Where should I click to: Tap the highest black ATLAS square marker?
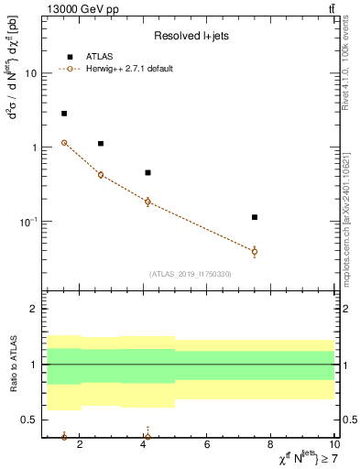(64, 114)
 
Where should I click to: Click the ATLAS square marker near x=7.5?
(255, 217)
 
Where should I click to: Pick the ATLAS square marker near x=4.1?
(147, 172)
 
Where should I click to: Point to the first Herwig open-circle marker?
(64, 142)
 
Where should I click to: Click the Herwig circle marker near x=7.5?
(255, 251)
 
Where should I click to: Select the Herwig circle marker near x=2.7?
(101, 175)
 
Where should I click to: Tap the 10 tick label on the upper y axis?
(31, 73)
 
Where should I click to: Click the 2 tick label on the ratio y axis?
(35, 309)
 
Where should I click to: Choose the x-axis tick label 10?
(333, 445)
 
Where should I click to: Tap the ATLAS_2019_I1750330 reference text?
(191, 274)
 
